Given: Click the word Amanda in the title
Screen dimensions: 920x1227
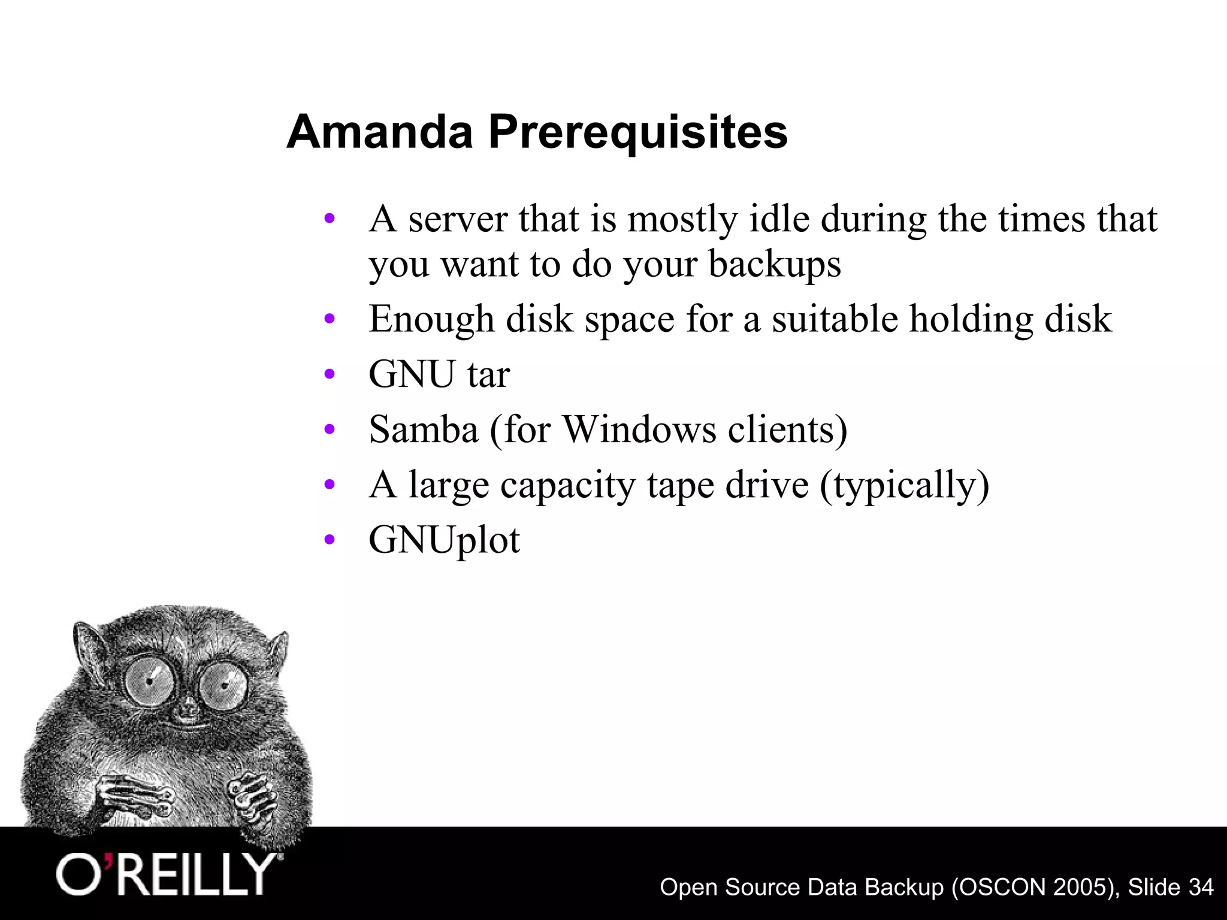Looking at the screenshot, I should (379, 132).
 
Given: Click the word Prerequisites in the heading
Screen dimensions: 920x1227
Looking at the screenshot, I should (637, 132).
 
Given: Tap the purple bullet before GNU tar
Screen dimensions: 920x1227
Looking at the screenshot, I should (329, 375).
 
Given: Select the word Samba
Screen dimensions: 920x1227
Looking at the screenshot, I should (424, 429).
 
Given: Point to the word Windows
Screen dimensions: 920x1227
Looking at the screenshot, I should (639, 429).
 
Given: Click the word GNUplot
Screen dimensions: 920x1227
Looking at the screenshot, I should (444, 540).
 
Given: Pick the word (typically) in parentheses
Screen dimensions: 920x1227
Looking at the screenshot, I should (904, 485).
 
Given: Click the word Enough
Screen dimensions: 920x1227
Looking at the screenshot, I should (431, 320).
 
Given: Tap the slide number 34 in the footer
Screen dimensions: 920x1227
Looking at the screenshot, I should (1201, 886).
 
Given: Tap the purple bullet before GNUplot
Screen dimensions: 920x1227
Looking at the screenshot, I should (329, 541).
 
